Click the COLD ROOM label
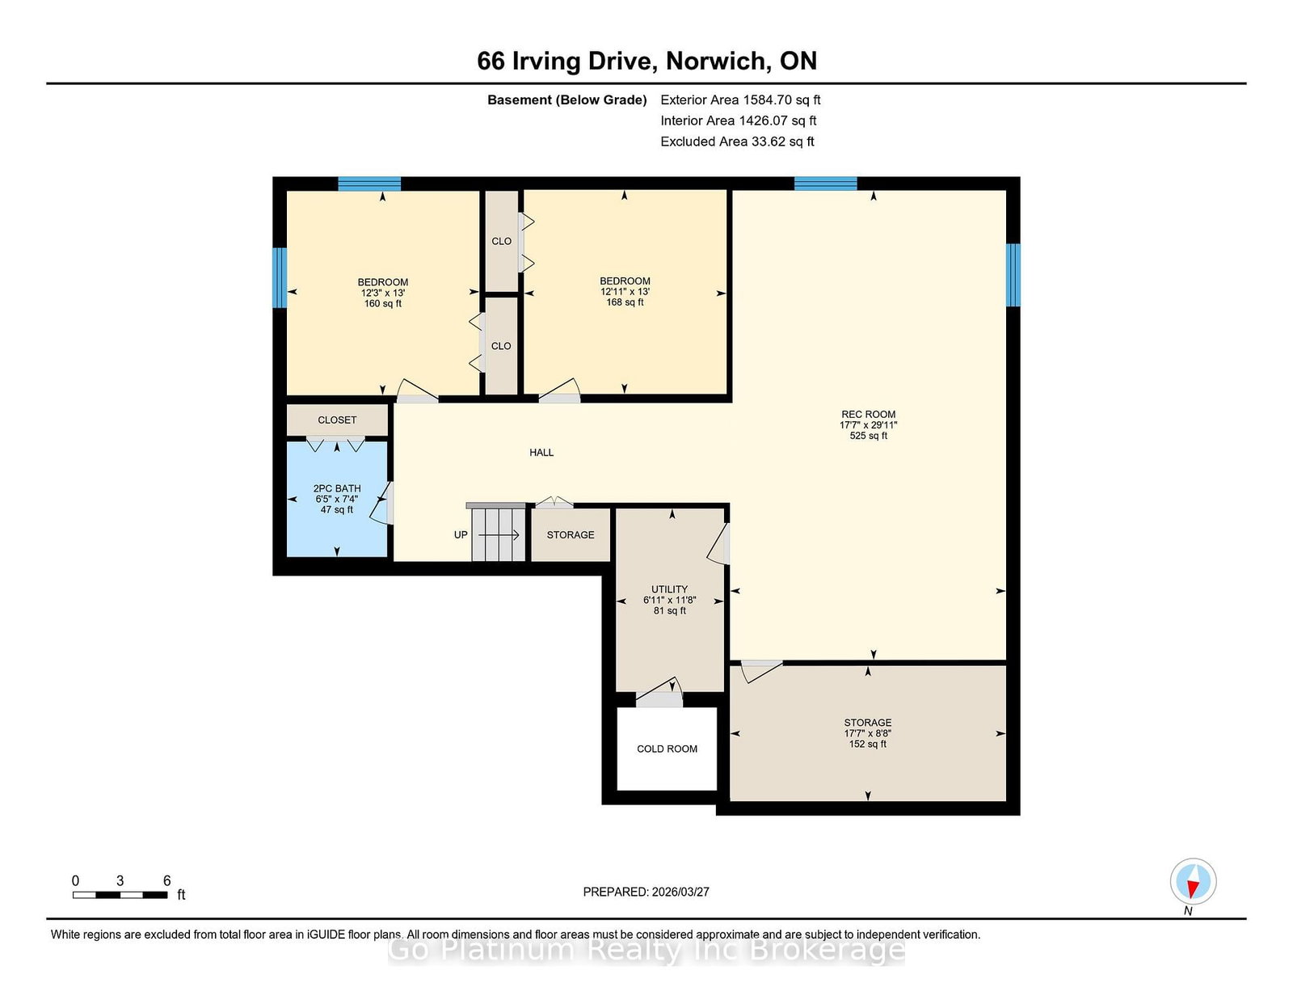tap(667, 749)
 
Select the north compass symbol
tap(1193, 881)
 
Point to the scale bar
tap(120, 895)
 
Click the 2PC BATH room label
tap(337, 499)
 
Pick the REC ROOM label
tap(868, 425)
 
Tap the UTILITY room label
tap(669, 599)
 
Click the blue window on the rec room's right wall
tap(1013, 275)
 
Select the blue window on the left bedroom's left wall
tap(280, 278)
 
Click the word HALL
tap(541, 453)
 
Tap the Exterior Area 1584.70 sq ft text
tap(740, 100)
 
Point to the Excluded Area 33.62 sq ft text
tap(737, 141)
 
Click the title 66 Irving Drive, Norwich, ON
tap(646, 61)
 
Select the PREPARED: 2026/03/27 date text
tap(646, 892)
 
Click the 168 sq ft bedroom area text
tap(625, 302)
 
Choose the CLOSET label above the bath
tap(337, 420)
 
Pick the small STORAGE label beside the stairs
tap(570, 534)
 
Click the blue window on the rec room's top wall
tap(825, 184)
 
